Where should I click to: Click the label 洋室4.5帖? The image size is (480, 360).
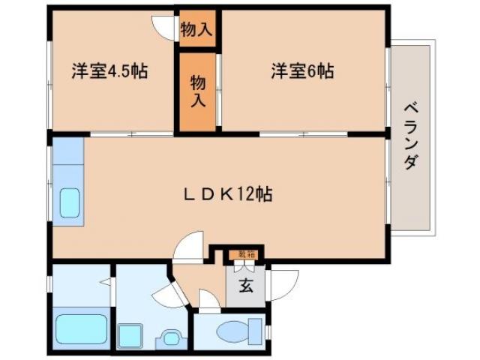(x=109, y=72)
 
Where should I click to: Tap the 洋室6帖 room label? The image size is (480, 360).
(x=302, y=72)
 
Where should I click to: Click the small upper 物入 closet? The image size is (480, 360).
(x=197, y=30)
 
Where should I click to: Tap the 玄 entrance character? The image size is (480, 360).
(x=245, y=286)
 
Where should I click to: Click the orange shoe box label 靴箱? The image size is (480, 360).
(x=245, y=255)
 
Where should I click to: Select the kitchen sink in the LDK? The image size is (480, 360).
(x=69, y=202)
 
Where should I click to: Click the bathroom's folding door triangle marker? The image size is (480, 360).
(x=106, y=282)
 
